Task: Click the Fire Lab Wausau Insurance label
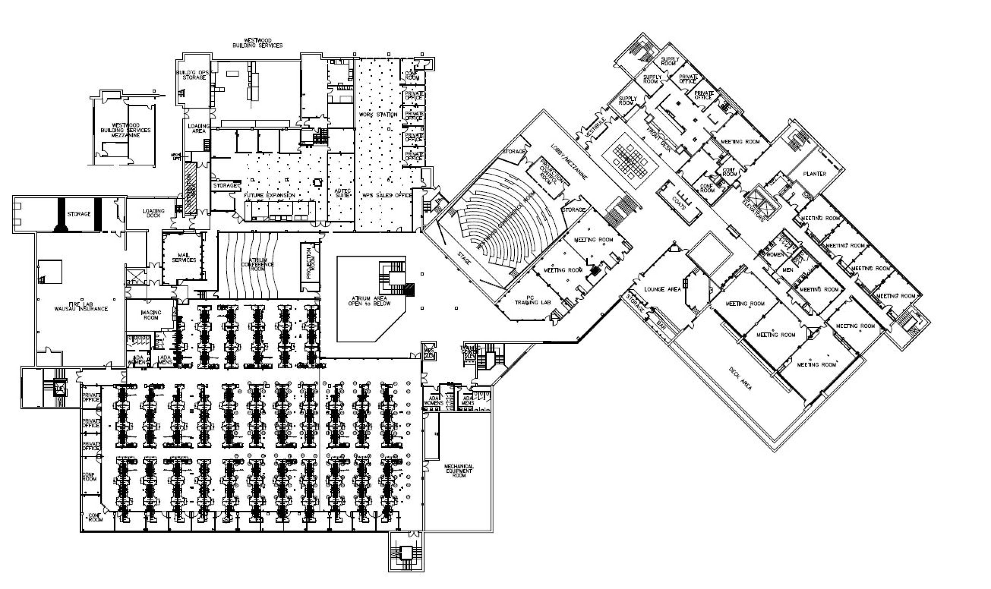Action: point(81,306)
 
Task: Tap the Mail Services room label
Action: point(184,258)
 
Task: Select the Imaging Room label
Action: point(151,315)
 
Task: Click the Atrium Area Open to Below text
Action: point(369,300)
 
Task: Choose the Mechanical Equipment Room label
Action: point(459,471)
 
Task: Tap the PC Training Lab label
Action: point(532,300)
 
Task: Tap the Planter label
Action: point(814,174)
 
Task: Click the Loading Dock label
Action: point(153,213)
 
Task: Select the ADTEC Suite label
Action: point(342,193)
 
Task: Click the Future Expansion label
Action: point(269,195)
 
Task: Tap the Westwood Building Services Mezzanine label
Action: point(126,130)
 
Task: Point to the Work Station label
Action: point(378,114)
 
